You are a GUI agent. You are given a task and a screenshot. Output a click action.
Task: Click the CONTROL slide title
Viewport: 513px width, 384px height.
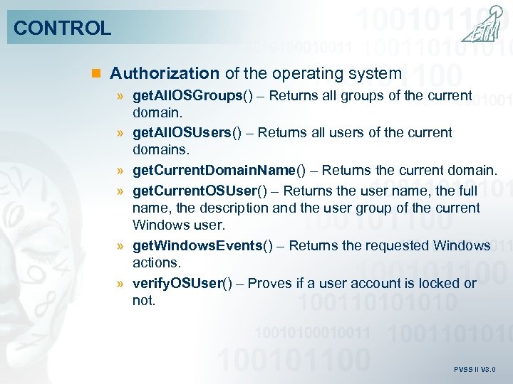(62, 28)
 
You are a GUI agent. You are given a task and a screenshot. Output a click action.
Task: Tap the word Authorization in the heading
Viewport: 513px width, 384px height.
(165, 73)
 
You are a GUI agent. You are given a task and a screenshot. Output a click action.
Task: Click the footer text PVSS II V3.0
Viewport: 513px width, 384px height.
(475, 370)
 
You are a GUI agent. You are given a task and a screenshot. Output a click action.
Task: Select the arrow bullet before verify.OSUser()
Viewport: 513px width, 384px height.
(122, 284)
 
